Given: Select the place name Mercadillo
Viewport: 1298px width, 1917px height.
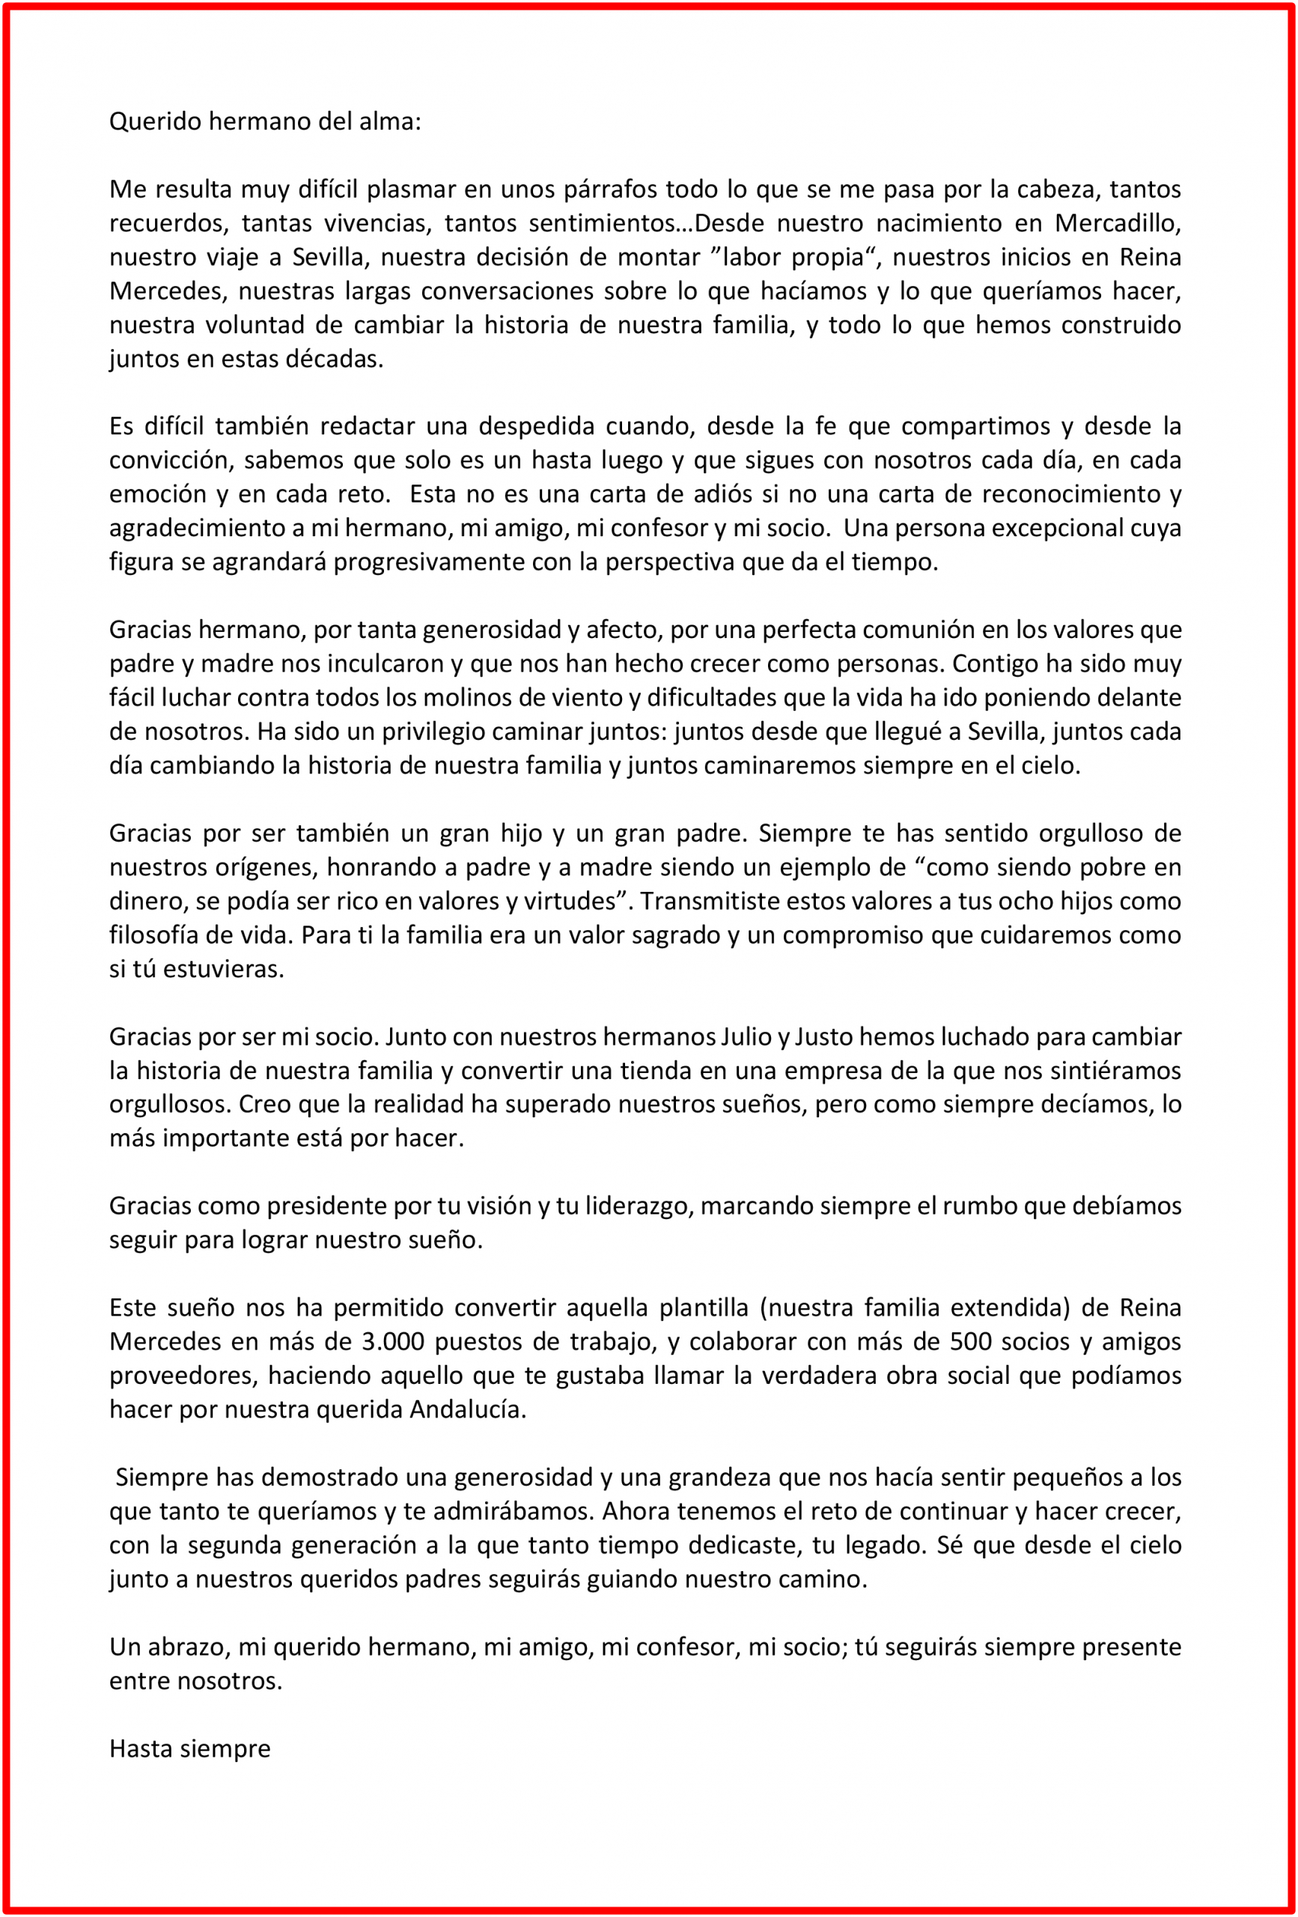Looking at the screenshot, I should tap(1118, 224).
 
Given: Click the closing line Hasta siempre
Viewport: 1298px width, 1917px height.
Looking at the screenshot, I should tap(189, 1749).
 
